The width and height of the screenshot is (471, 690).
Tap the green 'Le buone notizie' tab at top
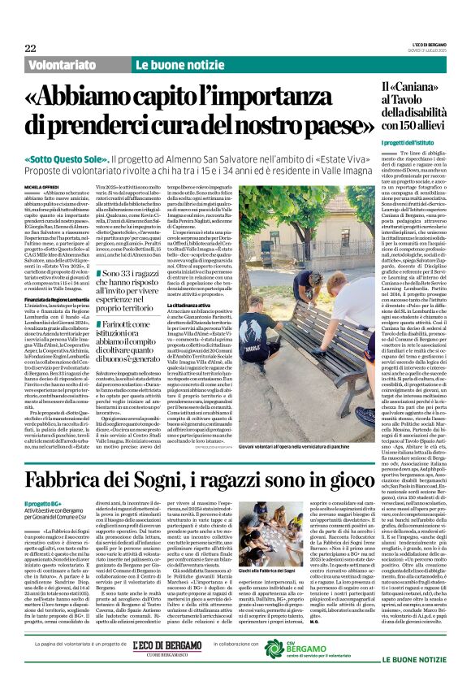(x=174, y=63)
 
